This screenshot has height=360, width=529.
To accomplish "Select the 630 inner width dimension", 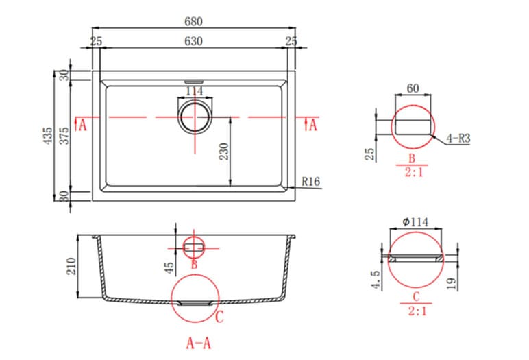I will [x=193, y=42].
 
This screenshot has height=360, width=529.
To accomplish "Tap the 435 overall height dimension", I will [x=47, y=135].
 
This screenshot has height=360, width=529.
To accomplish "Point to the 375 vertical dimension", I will [x=64, y=135].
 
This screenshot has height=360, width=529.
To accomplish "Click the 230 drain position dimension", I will [x=223, y=151].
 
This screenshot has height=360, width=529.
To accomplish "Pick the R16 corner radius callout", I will [x=310, y=182].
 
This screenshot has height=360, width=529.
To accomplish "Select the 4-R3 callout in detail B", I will [x=457, y=138].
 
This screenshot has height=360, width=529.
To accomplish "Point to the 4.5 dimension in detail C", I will [x=376, y=282].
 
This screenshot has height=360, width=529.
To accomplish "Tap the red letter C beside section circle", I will [x=219, y=317].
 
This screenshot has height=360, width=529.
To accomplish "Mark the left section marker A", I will [x=82, y=125].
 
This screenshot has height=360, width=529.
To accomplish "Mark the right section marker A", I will [x=312, y=125].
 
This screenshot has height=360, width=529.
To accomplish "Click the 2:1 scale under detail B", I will [x=413, y=173].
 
